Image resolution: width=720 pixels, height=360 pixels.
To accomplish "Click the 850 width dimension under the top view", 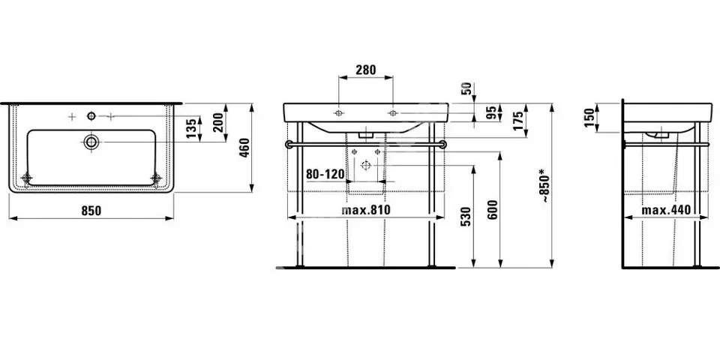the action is (91, 211).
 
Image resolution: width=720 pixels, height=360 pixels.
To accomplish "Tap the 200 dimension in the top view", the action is (218, 122).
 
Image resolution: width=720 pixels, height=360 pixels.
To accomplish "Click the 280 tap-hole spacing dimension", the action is (365, 70).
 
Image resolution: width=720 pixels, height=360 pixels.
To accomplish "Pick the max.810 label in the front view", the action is (366, 210).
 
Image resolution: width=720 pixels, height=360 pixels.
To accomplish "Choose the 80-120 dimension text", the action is (325, 175).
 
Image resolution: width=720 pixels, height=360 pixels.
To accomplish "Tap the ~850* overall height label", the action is (544, 185).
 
